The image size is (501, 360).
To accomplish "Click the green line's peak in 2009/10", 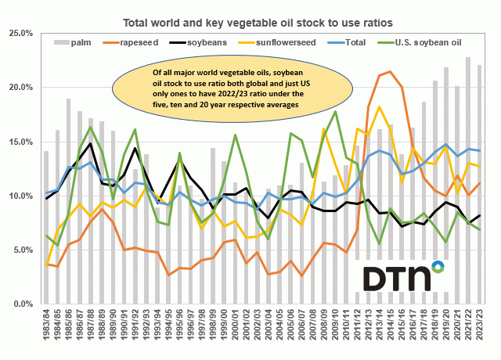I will [x=335, y=111].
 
